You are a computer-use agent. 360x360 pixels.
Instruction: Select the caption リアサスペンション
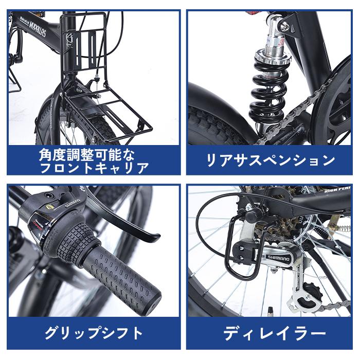point(271,160)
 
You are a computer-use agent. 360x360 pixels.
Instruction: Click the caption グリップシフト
point(94,333)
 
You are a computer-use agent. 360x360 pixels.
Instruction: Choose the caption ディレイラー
point(271,333)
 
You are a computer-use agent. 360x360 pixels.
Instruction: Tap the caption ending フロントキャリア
point(94,168)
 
